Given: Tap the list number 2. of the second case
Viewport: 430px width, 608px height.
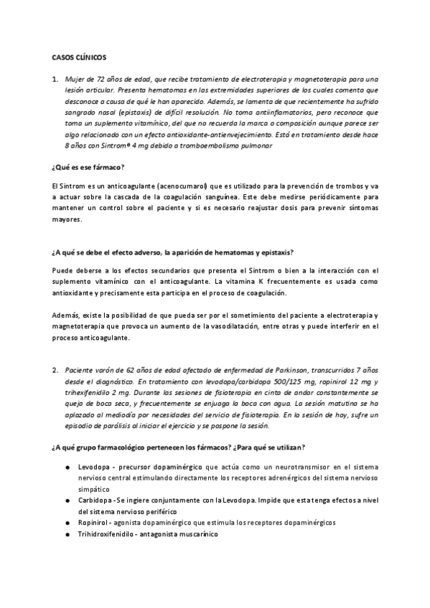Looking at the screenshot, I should [x=55, y=370].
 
